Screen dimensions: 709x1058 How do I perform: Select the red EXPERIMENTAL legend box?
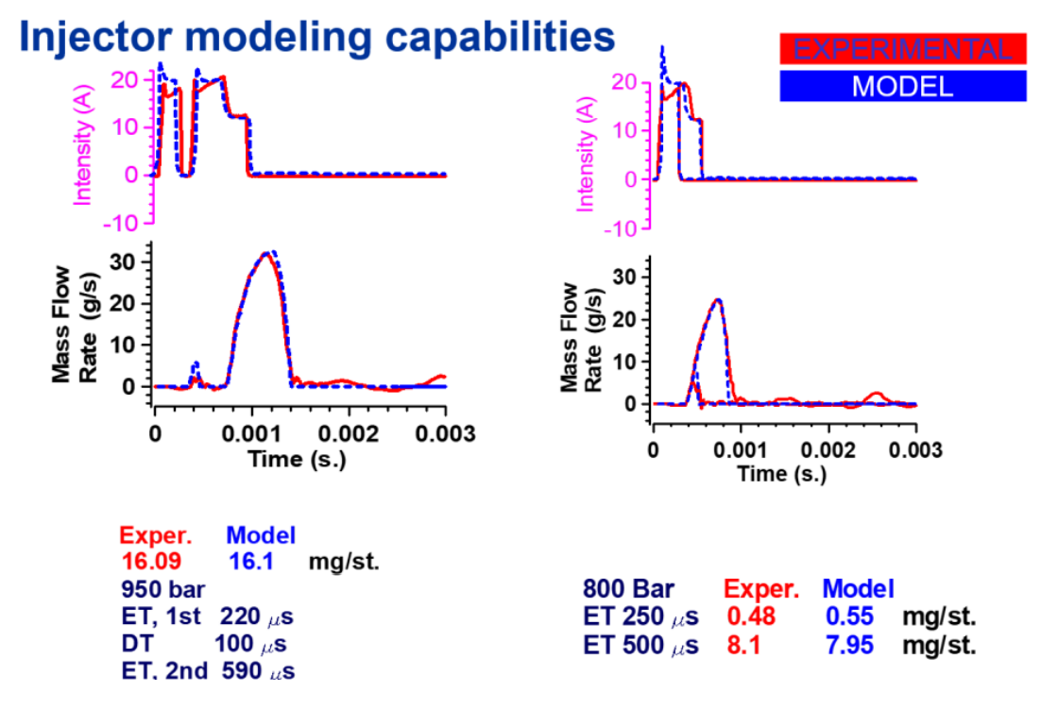[901, 49]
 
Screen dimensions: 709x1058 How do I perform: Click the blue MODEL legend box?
[901, 86]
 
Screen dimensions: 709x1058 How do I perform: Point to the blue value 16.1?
[251, 562]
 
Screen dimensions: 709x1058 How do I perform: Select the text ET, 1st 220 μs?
[207, 617]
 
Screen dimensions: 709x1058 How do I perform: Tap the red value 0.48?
[750, 617]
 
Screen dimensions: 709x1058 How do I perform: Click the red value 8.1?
[742, 646]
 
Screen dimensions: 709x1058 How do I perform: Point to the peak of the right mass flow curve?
[718, 300]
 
